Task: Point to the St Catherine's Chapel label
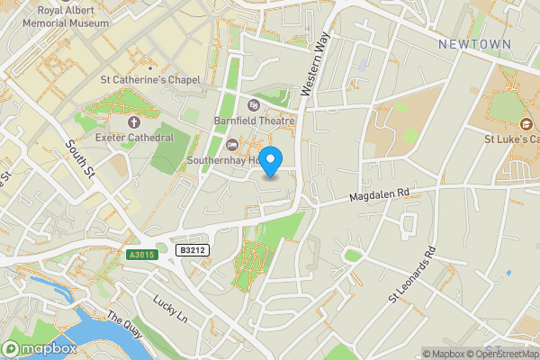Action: pos(149,80)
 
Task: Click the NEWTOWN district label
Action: pos(474,44)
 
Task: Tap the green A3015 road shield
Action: pos(141,255)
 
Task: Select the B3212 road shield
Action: pos(192,250)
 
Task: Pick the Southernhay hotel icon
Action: pos(233,145)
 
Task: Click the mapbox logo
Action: pos(39,348)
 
